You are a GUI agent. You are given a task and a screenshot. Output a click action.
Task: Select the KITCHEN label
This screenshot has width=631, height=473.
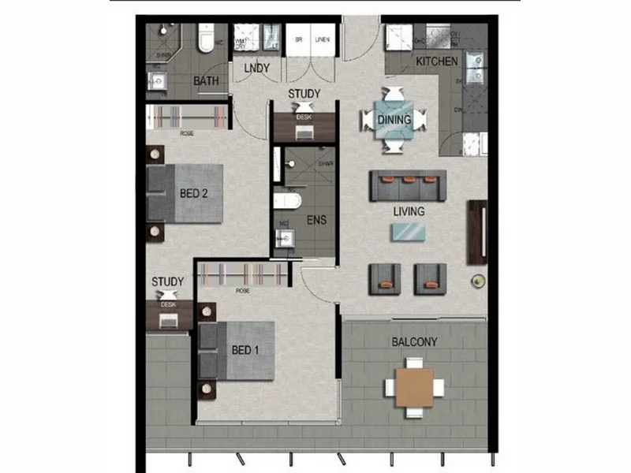click(x=436, y=61)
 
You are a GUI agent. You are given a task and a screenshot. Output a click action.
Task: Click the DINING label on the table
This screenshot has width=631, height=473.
click(x=394, y=120)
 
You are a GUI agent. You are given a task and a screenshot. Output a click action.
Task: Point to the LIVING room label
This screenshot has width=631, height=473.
click(x=409, y=211)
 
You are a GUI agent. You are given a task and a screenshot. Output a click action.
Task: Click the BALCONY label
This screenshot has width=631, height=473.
click(x=414, y=342)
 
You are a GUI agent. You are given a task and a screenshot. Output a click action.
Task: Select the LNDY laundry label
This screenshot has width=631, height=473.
click(x=257, y=69)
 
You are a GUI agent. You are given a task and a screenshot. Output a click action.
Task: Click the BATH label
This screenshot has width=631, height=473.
click(x=206, y=80)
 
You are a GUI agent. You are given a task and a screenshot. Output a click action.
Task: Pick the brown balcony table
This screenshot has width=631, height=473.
click(x=414, y=386)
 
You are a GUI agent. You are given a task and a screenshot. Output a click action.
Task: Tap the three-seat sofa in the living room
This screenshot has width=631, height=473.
click(x=408, y=186)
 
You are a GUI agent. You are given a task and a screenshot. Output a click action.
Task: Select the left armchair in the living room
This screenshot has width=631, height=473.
click(x=385, y=277)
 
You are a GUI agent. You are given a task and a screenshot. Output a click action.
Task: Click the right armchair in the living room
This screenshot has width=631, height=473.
click(x=431, y=277)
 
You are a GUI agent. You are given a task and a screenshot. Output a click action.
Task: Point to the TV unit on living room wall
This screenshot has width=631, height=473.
click(x=477, y=233)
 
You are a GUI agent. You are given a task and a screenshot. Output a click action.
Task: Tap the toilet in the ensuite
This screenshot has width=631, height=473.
click(x=285, y=200)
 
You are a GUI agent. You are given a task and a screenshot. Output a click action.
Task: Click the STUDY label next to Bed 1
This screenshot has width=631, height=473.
click(x=168, y=281)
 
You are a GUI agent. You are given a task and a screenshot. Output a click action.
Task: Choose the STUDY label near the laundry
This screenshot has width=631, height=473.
click(x=304, y=95)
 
